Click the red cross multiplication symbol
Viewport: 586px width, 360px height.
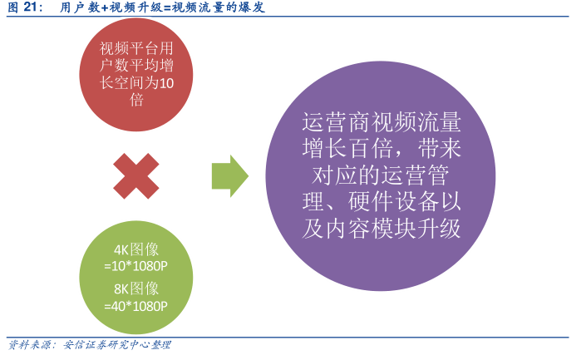point(136,175)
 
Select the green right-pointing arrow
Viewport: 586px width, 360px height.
point(230,175)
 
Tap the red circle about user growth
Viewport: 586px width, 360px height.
point(136,75)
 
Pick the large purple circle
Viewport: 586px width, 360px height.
point(380,176)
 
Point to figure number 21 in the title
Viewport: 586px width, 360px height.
point(32,7)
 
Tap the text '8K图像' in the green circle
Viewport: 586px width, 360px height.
point(136,288)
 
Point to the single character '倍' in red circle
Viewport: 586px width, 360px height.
point(136,101)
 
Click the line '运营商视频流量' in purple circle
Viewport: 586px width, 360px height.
point(381,124)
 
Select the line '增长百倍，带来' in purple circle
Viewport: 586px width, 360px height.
point(381,150)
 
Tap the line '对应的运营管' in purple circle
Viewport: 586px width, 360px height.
point(381,176)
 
